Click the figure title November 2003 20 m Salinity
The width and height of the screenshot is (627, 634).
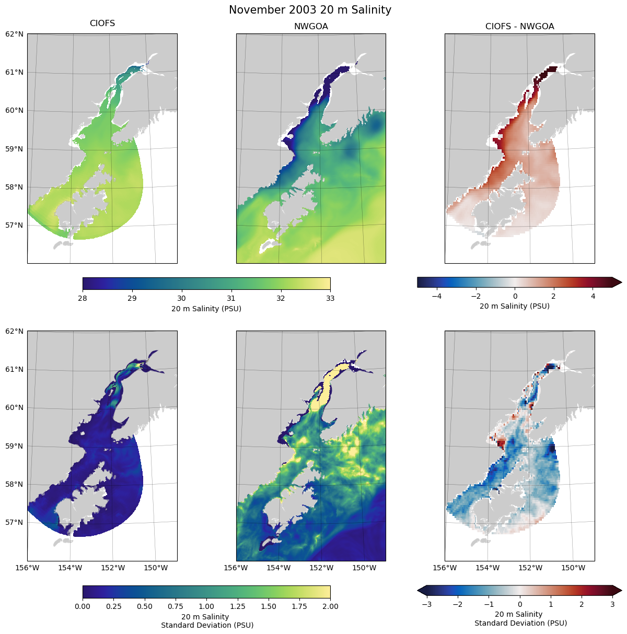(x=310, y=10)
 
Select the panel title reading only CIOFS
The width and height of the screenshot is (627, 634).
(x=102, y=24)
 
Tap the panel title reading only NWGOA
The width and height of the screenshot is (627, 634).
(x=311, y=27)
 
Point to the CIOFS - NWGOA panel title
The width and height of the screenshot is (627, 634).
(x=519, y=27)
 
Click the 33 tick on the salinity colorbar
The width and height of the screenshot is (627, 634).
(x=330, y=298)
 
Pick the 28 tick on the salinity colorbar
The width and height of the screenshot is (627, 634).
(x=83, y=298)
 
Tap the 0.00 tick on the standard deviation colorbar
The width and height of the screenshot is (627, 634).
(x=83, y=606)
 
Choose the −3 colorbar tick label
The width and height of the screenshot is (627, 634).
(x=426, y=604)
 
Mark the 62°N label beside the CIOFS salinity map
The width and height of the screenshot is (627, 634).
(x=14, y=34)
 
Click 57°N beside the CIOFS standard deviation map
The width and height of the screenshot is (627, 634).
(x=14, y=522)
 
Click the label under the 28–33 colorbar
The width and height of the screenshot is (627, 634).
(x=206, y=309)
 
